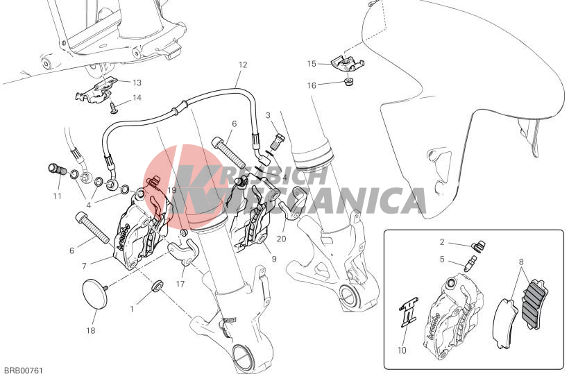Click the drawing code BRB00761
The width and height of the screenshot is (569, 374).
coord(22,371)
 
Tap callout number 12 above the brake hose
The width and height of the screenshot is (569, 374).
coord(243,65)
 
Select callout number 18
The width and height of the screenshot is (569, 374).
coord(91,330)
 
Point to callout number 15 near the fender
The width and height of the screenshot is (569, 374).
coord(312,64)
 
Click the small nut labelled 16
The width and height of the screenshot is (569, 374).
coord(350,82)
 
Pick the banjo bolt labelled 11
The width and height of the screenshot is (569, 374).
coord(57,169)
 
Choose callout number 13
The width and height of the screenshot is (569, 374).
coord(137,83)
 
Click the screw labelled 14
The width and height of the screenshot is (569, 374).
coord(114,108)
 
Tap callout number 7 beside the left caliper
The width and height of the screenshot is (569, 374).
coord(84,266)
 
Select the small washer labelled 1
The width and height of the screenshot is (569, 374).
coord(158,285)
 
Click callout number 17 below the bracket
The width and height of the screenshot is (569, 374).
coord(180,284)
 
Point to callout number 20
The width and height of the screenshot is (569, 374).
coord(281,239)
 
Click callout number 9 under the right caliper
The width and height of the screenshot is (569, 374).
coord(273,259)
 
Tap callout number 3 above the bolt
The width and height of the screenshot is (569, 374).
coord(268,115)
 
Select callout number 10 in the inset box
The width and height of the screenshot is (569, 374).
coord(402,350)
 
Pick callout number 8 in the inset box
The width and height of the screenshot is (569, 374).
coord(521,261)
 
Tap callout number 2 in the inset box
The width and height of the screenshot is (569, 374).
coord(442,241)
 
